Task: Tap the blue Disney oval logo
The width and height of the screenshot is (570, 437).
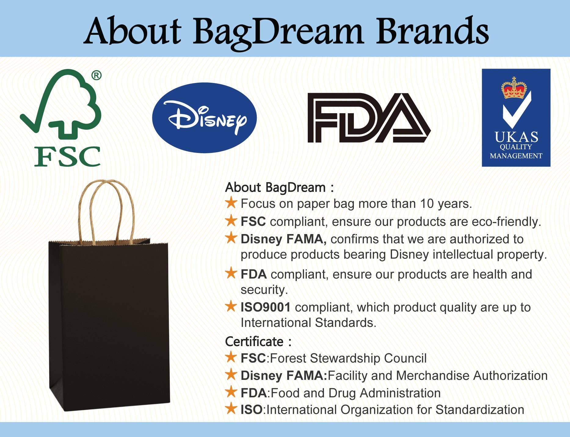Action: click(204, 118)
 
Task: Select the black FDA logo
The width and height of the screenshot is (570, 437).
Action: click(369, 118)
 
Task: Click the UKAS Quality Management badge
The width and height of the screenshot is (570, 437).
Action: click(516, 118)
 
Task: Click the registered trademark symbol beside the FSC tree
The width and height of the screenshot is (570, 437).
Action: click(96, 75)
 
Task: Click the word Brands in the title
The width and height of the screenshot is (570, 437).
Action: click(432, 31)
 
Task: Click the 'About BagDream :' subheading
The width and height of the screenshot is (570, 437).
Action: click(279, 188)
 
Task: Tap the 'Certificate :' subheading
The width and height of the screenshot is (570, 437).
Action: click(258, 341)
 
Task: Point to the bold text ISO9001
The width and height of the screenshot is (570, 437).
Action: click(265, 307)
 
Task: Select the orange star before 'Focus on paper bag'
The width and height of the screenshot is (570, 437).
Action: click(231, 203)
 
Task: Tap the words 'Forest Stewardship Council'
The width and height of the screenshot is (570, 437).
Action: click(348, 358)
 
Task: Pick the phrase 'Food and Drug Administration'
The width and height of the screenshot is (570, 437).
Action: click(356, 393)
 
